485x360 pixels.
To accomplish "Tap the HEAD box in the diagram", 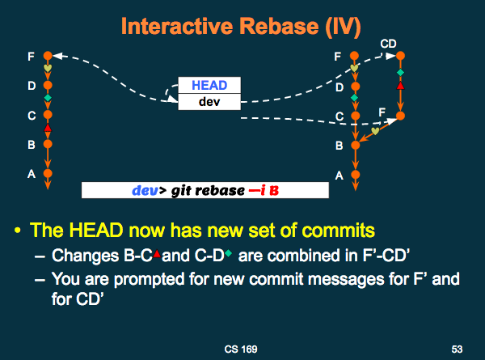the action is pos(209,86).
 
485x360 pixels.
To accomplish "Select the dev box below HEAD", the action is pos(209,101).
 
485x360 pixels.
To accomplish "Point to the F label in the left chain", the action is pos(31,57).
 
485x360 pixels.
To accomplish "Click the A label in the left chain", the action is pos(31,173).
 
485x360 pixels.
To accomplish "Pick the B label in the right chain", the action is pos(339,146).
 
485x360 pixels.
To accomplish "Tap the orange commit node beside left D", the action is pos(48,85).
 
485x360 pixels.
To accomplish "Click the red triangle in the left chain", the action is pos(48,129).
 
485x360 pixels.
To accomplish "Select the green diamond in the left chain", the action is pos(48,100).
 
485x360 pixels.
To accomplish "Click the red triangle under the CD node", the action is pos(400,84).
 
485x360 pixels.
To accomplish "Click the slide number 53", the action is pos(457,349).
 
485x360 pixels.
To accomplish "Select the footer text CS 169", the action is pos(242,349).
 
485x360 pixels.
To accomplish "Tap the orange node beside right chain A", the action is pos(356,173).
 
